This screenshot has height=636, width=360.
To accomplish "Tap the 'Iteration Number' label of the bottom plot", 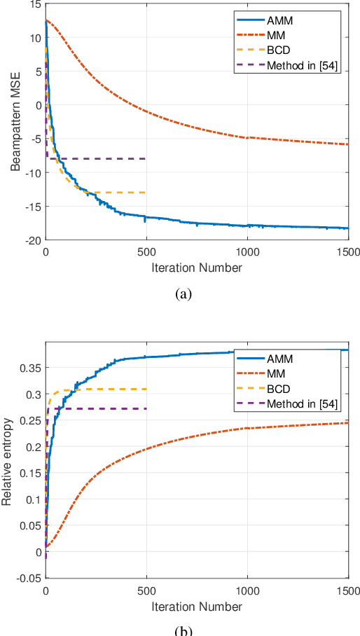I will (x=197, y=606).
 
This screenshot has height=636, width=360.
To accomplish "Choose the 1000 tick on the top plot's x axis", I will (x=247, y=252).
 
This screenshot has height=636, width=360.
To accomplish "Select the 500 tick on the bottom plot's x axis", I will (x=146, y=591).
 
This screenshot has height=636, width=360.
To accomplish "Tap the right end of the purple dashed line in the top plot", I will (x=146, y=159).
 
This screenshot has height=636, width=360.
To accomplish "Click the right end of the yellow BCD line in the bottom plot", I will (x=146, y=389).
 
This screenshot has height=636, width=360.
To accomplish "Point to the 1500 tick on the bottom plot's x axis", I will (x=347, y=591).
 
